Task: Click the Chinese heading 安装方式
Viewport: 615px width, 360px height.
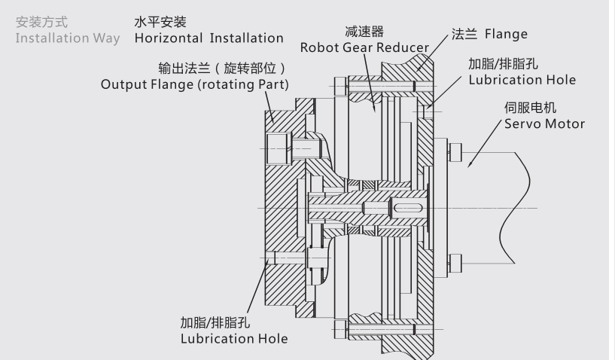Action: (x=41, y=23)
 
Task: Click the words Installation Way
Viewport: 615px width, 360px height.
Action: (x=68, y=38)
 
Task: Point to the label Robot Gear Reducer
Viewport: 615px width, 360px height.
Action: (x=364, y=47)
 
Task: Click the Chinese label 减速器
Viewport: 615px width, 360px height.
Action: (x=364, y=32)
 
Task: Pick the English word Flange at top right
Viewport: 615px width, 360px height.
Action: (x=506, y=35)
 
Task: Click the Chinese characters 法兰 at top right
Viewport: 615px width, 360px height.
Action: (x=465, y=35)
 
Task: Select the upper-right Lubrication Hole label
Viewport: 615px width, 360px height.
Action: (x=522, y=80)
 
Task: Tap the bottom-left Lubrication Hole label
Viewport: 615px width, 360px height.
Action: (x=234, y=339)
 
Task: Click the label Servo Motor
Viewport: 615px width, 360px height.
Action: (x=544, y=124)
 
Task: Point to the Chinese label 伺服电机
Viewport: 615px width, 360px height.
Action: (x=530, y=108)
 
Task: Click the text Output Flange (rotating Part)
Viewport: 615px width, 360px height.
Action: (x=195, y=84)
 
